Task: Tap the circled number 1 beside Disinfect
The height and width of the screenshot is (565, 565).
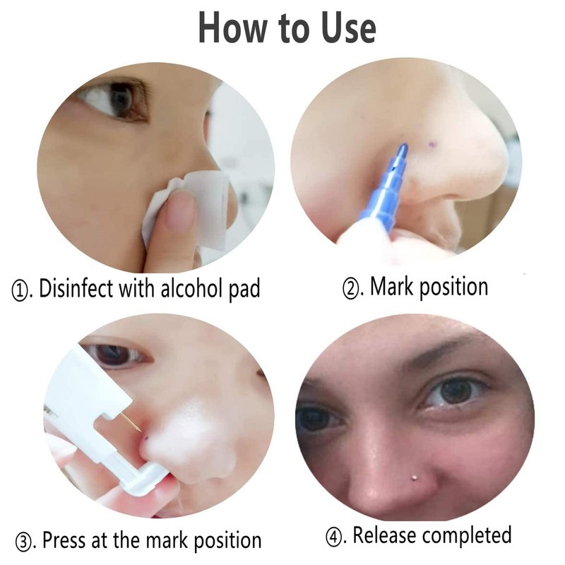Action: click(x=20, y=290)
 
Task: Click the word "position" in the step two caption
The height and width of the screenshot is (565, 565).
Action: click(x=454, y=288)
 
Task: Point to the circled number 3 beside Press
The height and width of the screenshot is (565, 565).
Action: click(x=24, y=542)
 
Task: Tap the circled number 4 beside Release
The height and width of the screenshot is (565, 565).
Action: click(x=334, y=537)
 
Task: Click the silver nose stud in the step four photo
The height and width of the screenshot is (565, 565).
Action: click(x=413, y=478)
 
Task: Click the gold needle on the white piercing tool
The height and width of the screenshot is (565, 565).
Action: click(x=131, y=422)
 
